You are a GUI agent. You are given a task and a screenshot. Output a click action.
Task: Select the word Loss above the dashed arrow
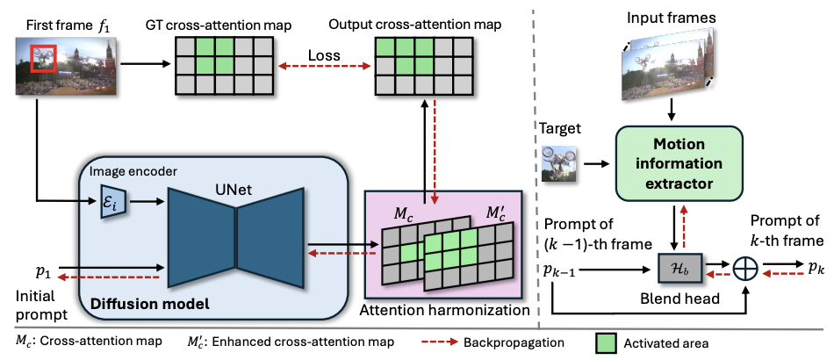coord(325,55)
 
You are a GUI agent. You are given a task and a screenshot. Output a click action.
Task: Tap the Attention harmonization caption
coord(445,308)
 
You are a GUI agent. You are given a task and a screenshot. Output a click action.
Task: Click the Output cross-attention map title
coord(415,25)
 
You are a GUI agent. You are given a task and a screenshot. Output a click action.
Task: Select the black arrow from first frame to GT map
coord(144,65)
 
